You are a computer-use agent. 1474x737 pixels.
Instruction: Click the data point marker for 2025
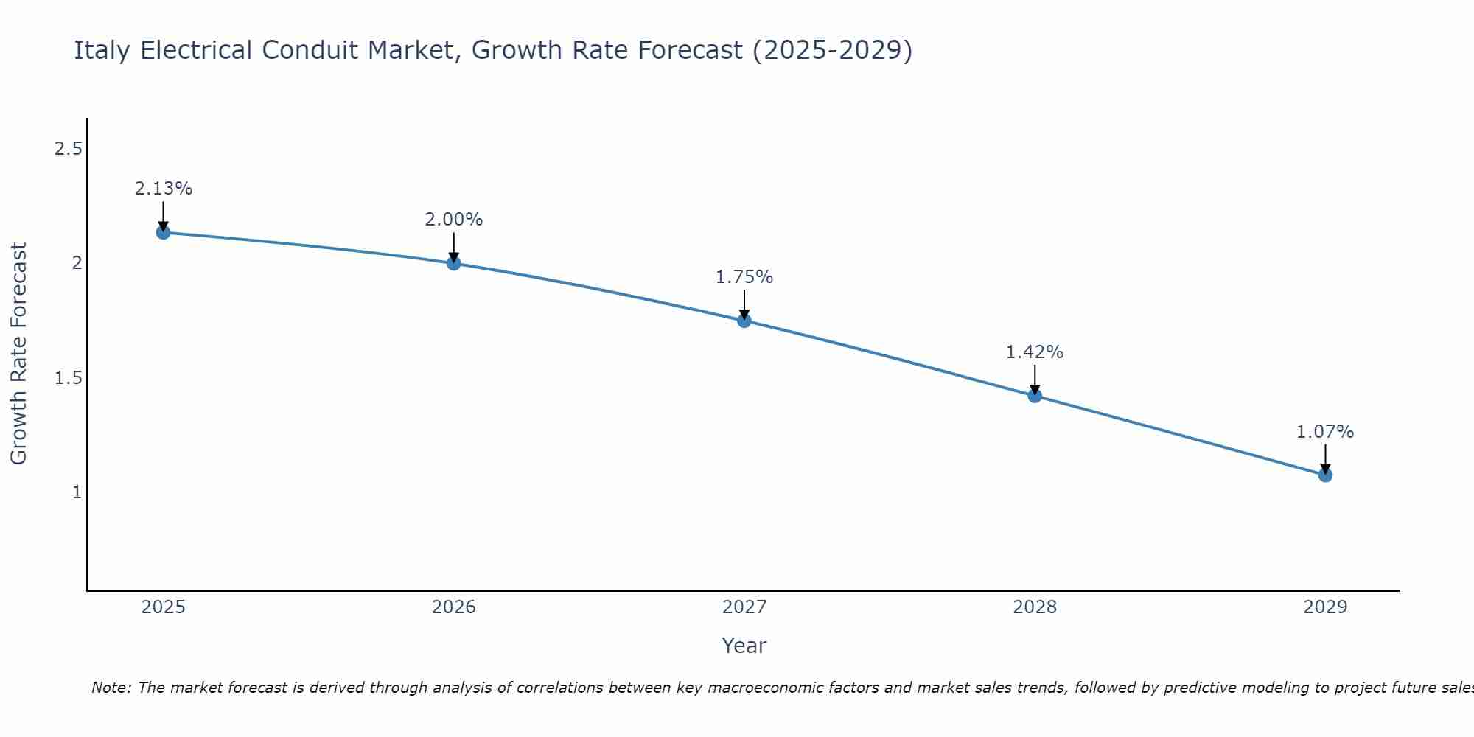tap(163, 232)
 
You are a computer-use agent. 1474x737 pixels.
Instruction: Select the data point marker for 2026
tap(453, 263)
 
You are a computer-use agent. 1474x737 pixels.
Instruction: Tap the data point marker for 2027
tap(744, 321)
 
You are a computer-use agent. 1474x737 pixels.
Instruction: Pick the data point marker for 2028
tap(1035, 396)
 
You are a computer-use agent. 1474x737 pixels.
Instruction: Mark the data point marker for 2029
tap(1325, 475)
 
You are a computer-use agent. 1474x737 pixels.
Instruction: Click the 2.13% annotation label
tap(163, 189)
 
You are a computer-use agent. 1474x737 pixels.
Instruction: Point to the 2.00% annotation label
tap(453, 220)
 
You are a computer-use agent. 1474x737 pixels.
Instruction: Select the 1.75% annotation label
tap(744, 277)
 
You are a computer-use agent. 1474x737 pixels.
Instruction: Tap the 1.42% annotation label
tap(1035, 352)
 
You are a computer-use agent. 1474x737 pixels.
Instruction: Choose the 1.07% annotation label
tap(1325, 432)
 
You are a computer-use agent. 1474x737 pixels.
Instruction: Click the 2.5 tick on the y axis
tap(68, 150)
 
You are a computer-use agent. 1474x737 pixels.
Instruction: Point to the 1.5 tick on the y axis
tap(68, 378)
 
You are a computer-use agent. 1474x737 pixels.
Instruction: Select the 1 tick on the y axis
tap(77, 492)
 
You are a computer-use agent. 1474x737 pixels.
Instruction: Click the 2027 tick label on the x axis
tap(744, 607)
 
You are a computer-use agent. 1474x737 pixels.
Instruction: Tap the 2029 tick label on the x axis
tap(1325, 607)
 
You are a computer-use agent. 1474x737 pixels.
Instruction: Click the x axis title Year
tap(744, 646)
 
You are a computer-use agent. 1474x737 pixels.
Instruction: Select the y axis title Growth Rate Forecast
tap(18, 354)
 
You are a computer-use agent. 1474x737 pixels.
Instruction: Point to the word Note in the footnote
tap(111, 688)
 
